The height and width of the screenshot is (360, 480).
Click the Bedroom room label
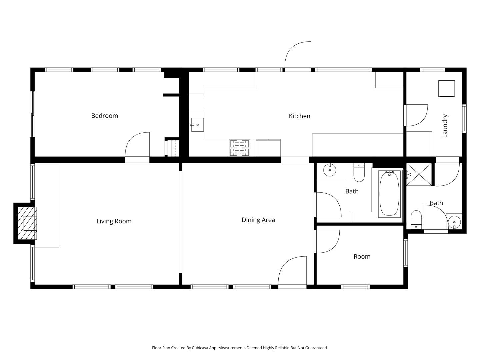(104, 116)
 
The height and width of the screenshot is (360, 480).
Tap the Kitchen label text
(299, 116)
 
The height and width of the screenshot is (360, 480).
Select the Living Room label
(114, 221)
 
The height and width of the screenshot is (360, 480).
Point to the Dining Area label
(258, 220)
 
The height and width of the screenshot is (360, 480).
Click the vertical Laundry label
(445, 126)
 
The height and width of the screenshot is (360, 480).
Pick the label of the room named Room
(362, 257)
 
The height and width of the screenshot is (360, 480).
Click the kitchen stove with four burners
(239, 148)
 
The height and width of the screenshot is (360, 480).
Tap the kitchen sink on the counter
(197, 125)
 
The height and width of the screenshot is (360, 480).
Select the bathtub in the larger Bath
(389, 194)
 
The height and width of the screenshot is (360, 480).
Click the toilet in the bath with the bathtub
(359, 173)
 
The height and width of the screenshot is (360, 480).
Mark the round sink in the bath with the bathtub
(330, 170)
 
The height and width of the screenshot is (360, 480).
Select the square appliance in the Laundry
(446, 89)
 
